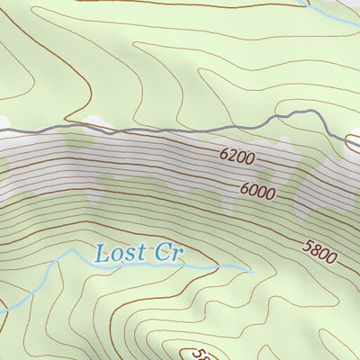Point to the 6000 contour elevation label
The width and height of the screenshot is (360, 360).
257,191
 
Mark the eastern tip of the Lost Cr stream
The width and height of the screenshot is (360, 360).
248,267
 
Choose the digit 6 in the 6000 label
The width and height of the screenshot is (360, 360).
244,187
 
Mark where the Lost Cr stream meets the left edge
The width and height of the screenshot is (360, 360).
2,310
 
